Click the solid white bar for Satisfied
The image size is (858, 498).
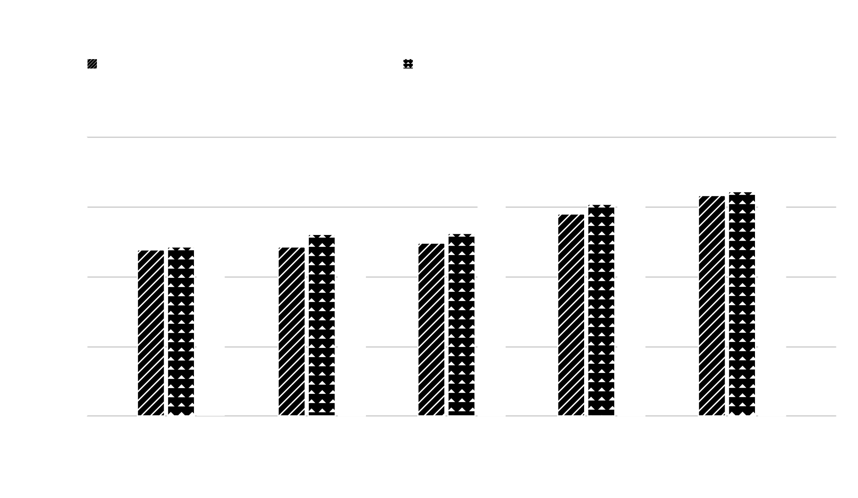coord(631,296)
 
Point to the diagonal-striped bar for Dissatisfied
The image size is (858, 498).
coord(291,331)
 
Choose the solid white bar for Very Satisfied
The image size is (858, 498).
coord(772,287)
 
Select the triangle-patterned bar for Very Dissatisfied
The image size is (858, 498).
coord(181,331)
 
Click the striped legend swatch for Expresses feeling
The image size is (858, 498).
coord(92,64)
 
